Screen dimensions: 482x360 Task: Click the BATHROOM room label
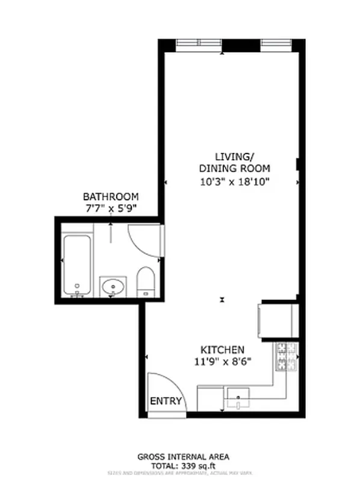(x=111, y=196)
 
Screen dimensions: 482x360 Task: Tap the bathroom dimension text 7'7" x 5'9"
(x=111, y=208)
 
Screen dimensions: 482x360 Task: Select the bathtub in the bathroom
(x=77, y=264)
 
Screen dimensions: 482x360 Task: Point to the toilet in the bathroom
(x=145, y=281)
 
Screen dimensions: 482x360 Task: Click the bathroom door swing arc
(x=143, y=241)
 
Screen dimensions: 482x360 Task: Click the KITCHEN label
(x=222, y=349)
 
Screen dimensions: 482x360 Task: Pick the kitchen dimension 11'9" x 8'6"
(x=222, y=361)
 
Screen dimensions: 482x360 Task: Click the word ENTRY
(x=165, y=401)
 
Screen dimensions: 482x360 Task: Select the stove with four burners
(x=287, y=356)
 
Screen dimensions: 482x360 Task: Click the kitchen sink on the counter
(x=239, y=398)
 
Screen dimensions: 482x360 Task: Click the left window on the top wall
(x=199, y=45)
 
